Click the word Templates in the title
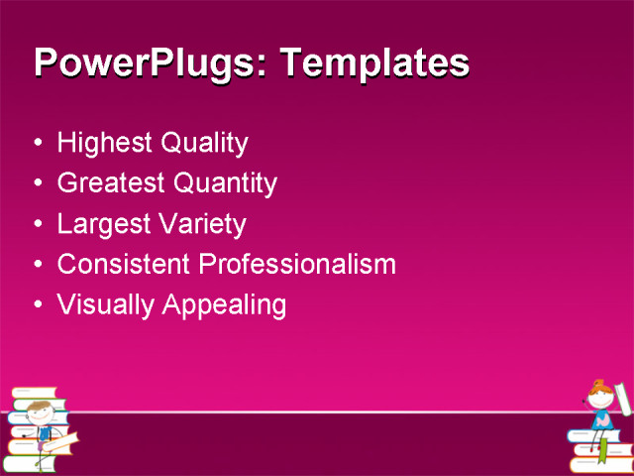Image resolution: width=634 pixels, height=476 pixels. [375, 63]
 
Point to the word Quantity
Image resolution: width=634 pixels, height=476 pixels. [225, 183]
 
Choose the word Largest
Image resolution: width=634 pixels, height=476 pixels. [102, 224]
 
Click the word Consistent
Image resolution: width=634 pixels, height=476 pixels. [124, 265]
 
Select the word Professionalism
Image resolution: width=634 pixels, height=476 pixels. [297, 265]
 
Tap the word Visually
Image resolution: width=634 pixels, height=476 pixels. [102, 305]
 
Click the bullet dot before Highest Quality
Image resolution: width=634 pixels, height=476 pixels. [38, 144]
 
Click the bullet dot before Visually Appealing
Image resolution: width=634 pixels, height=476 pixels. [38, 305]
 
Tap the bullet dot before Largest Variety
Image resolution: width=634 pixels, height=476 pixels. [38, 224]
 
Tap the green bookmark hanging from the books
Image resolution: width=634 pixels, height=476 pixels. [602, 452]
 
